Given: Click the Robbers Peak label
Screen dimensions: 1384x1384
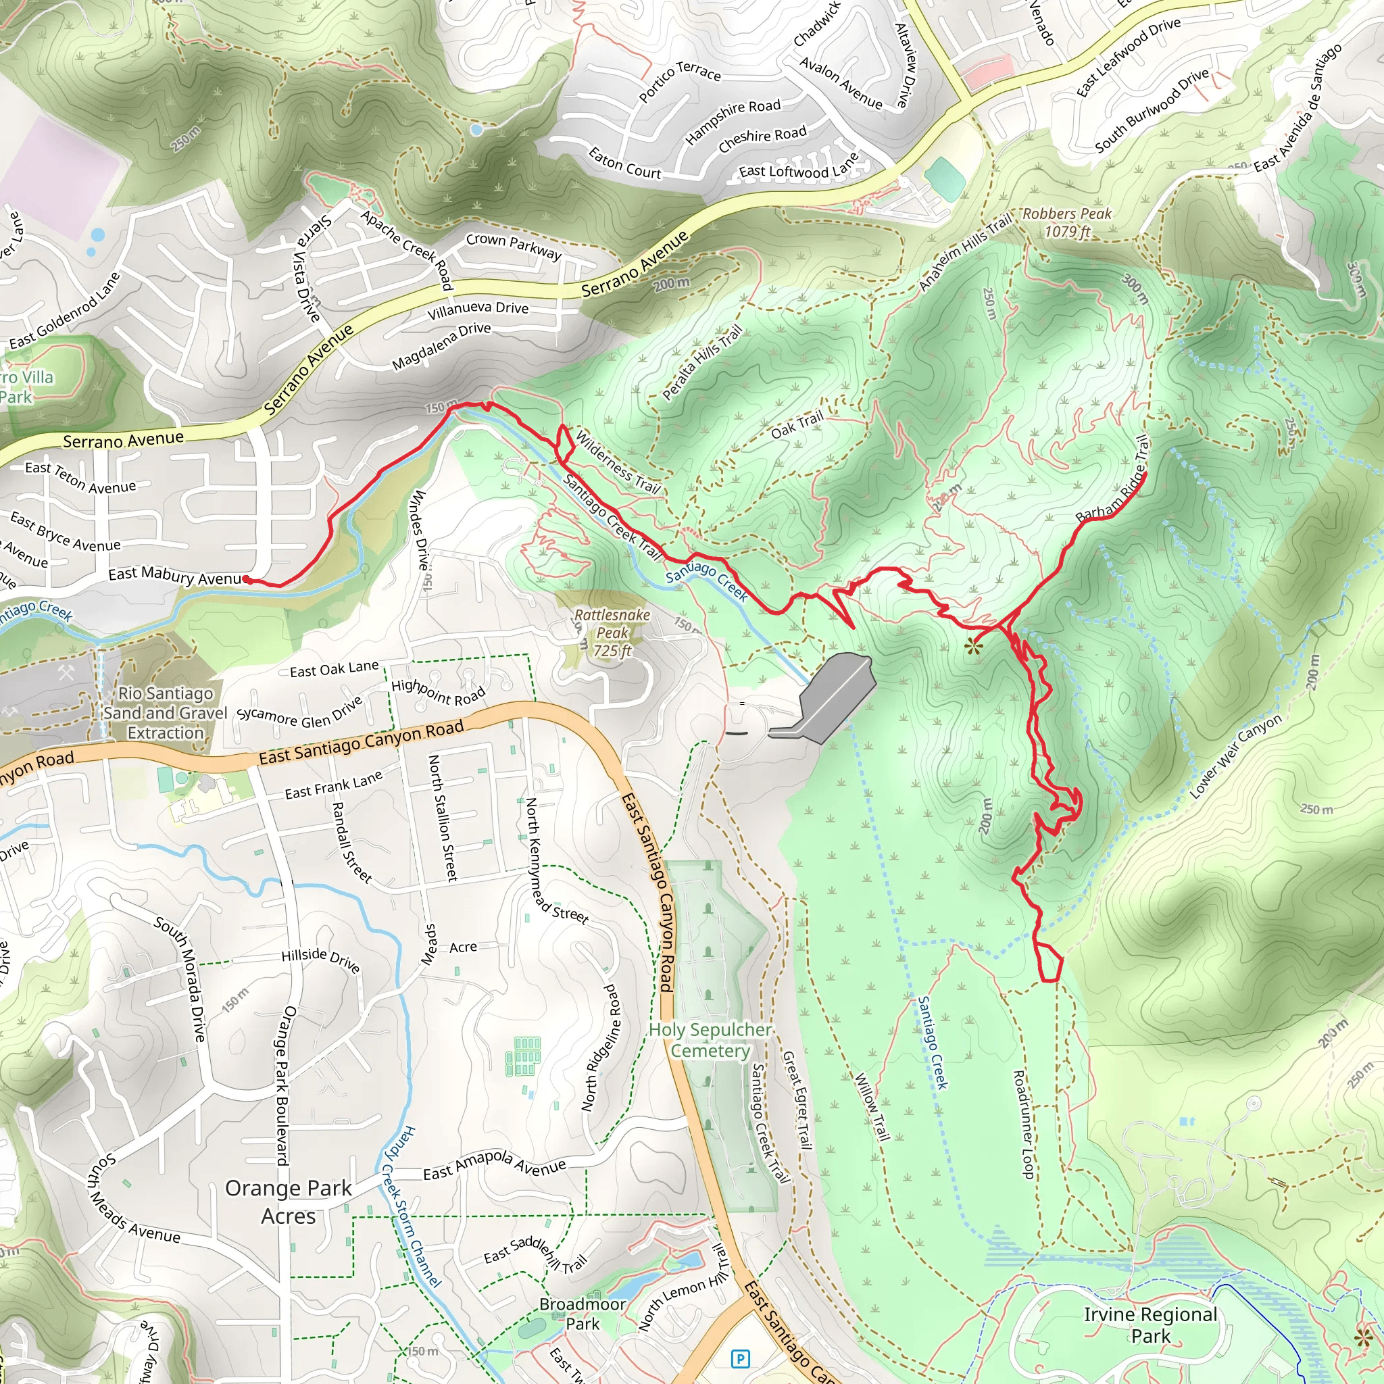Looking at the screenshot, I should (x=1066, y=222).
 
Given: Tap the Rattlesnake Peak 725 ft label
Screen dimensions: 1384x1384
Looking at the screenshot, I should (x=612, y=633).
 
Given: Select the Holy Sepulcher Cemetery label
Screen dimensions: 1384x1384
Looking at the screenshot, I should (x=710, y=1040).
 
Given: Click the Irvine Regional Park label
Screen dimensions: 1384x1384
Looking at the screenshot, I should (x=1150, y=1325).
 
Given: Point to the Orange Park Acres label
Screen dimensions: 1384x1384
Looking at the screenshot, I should (x=288, y=1202).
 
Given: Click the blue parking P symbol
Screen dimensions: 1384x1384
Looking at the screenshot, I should (x=740, y=1358).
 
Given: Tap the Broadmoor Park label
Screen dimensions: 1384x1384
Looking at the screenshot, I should (x=583, y=1314).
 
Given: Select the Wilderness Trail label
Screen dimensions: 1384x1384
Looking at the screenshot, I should (x=618, y=462).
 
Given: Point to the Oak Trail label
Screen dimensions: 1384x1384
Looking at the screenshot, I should (x=797, y=426).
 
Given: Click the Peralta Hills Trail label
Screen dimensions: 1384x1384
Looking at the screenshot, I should (x=702, y=362).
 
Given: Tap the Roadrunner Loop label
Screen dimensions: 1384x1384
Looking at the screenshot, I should (x=1023, y=1124).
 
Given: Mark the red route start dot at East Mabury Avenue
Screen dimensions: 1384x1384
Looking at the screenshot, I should (x=247, y=579).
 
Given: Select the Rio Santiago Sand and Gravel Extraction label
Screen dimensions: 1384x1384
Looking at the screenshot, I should (x=166, y=713).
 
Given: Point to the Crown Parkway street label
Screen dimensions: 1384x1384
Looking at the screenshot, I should (x=514, y=246).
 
